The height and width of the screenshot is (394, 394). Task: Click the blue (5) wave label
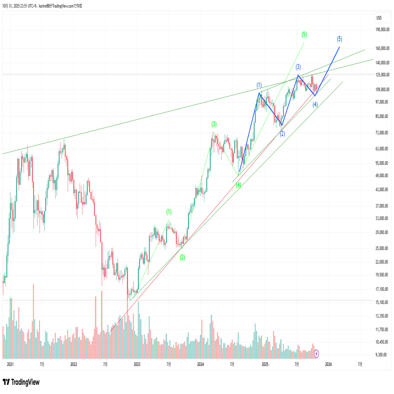(339, 39)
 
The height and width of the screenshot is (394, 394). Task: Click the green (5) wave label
(304, 34)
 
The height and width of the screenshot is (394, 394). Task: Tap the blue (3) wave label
(298, 67)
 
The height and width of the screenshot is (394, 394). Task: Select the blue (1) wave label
(259, 85)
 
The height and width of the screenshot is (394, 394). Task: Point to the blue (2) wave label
(282, 134)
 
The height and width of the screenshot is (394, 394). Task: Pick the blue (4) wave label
(315, 104)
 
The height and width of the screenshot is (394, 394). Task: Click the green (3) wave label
(214, 124)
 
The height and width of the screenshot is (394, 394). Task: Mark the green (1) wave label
(169, 212)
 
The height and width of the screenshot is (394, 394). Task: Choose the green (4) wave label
(238, 185)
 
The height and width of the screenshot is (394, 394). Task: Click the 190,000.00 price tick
(382, 30)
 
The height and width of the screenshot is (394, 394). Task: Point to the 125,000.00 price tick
(382, 75)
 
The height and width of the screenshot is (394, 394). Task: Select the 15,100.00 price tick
(382, 302)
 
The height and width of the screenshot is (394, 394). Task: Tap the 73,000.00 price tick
(382, 133)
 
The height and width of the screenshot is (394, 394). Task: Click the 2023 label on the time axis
(137, 364)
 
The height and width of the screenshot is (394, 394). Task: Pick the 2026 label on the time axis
(328, 364)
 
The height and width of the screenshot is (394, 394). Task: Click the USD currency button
(379, 18)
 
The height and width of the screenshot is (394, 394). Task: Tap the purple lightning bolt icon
(317, 353)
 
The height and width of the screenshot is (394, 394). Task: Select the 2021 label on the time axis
(10, 364)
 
